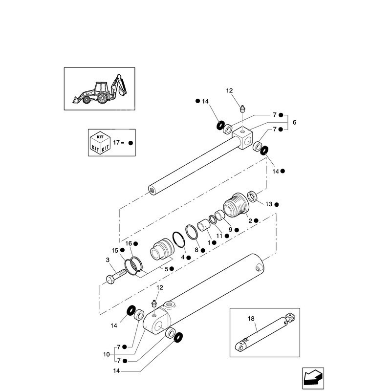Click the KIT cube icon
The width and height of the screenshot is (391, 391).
click(x=99, y=142)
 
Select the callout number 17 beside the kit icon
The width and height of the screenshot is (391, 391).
click(x=116, y=143)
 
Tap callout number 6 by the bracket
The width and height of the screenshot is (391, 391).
click(x=294, y=122)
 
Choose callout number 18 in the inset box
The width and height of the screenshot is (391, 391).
click(x=251, y=319)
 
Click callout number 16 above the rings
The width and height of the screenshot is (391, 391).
click(x=129, y=243)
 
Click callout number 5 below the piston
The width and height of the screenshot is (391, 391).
click(x=166, y=269)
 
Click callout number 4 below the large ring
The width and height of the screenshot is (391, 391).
click(x=183, y=257)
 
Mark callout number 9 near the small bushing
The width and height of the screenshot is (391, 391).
click(x=230, y=229)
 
